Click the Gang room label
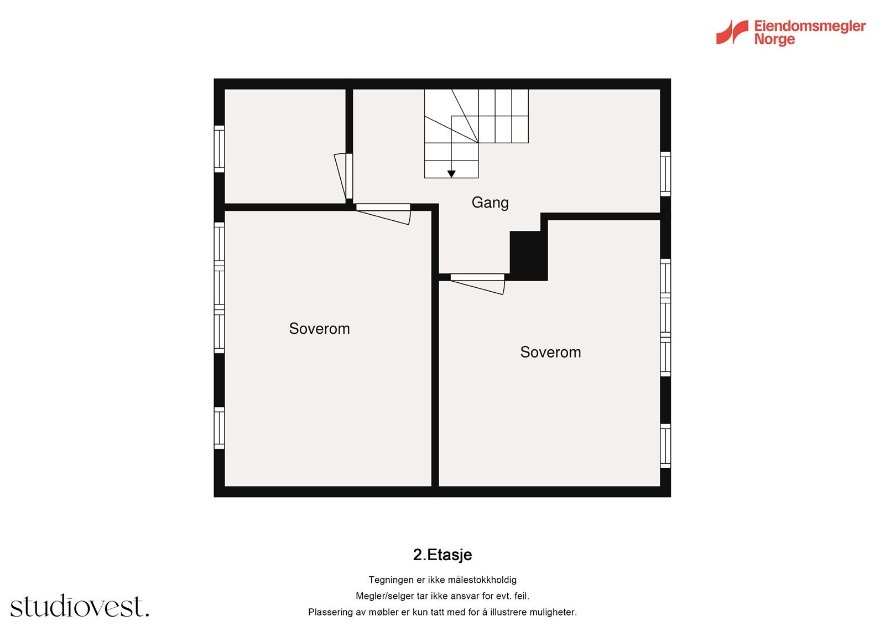pos(490,203)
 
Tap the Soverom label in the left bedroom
pos(319,329)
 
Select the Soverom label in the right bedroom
pos(550,353)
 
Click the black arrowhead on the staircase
pos(451,174)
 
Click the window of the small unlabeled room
pos(220,148)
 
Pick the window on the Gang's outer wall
pos(665,174)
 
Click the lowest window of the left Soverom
pos(220,428)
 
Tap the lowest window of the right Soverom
pos(665,446)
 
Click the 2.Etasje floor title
pos(442,555)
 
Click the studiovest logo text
pos(80,607)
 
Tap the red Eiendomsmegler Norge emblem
pos(732,32)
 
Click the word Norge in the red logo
pos(774,40)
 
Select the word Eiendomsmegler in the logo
pos(810,26)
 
